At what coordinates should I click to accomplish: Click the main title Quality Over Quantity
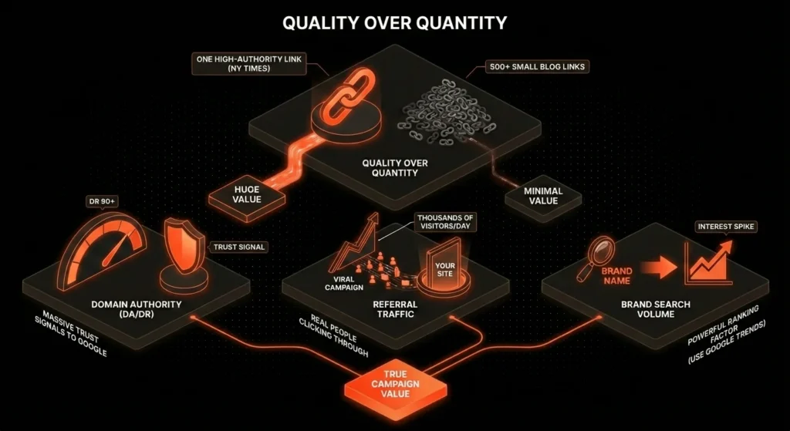394,22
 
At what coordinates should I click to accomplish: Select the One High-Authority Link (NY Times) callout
249,63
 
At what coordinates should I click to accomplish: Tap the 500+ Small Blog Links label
537,66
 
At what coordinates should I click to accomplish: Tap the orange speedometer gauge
103,251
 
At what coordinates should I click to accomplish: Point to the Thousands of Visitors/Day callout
444,222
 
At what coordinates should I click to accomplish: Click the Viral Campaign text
343,283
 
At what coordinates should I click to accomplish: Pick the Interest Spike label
725,227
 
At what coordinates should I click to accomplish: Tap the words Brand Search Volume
656,309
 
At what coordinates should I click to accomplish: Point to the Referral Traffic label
395,309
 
